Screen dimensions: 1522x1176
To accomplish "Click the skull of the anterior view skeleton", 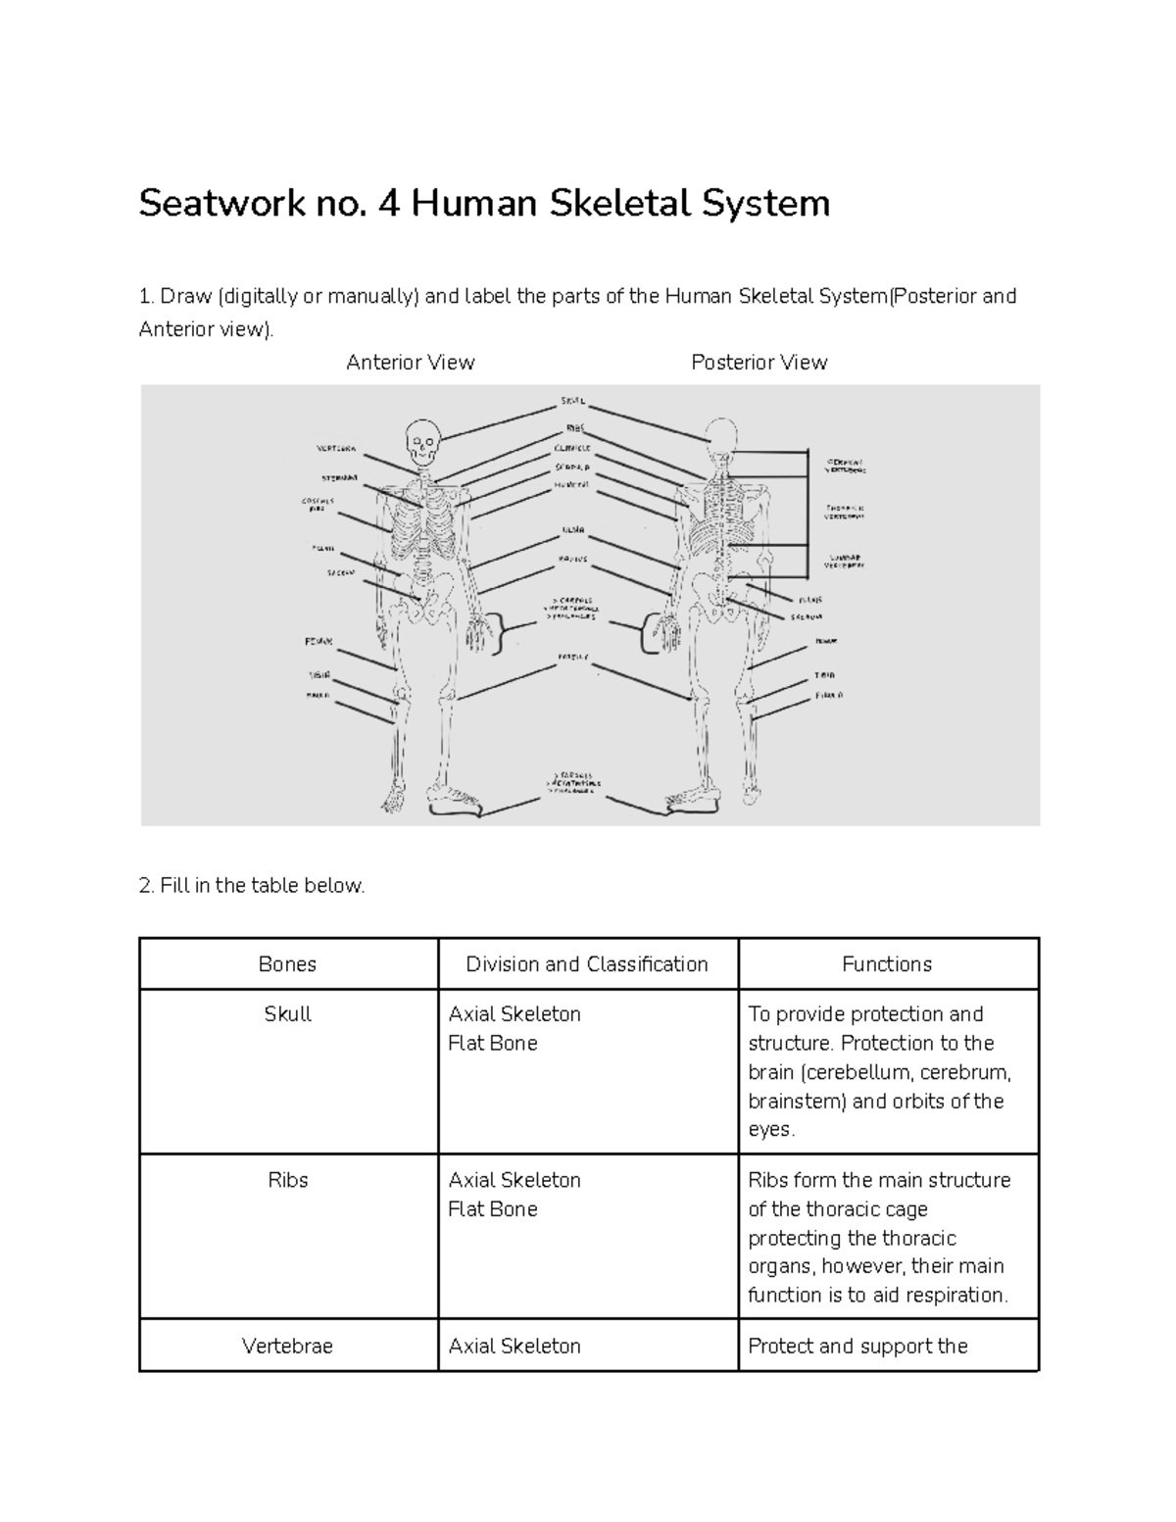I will (422, 440).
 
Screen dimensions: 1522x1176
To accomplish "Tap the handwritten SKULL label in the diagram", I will (573, 401).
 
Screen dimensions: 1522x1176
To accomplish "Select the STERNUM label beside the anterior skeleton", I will (339, 477).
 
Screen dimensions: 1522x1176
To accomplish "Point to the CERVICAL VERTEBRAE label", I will (846, 465).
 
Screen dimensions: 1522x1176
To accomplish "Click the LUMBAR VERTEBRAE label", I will (844, 561).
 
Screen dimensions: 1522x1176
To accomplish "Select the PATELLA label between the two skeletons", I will (573, 657).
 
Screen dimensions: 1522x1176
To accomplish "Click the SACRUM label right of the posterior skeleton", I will (807, 617).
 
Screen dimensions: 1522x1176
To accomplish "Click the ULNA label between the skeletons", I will (573, 530).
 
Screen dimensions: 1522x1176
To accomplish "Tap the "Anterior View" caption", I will (410, 363).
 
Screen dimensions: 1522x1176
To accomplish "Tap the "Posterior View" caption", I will (759, 363).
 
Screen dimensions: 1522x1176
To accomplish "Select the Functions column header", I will (886, 964).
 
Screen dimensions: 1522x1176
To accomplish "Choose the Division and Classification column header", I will (586, 964).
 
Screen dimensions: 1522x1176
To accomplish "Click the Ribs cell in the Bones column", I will (287, 1180).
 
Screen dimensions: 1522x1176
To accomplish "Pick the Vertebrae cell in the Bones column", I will (287, 1347).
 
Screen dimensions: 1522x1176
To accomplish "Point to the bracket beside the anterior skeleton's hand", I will (506, 633).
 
